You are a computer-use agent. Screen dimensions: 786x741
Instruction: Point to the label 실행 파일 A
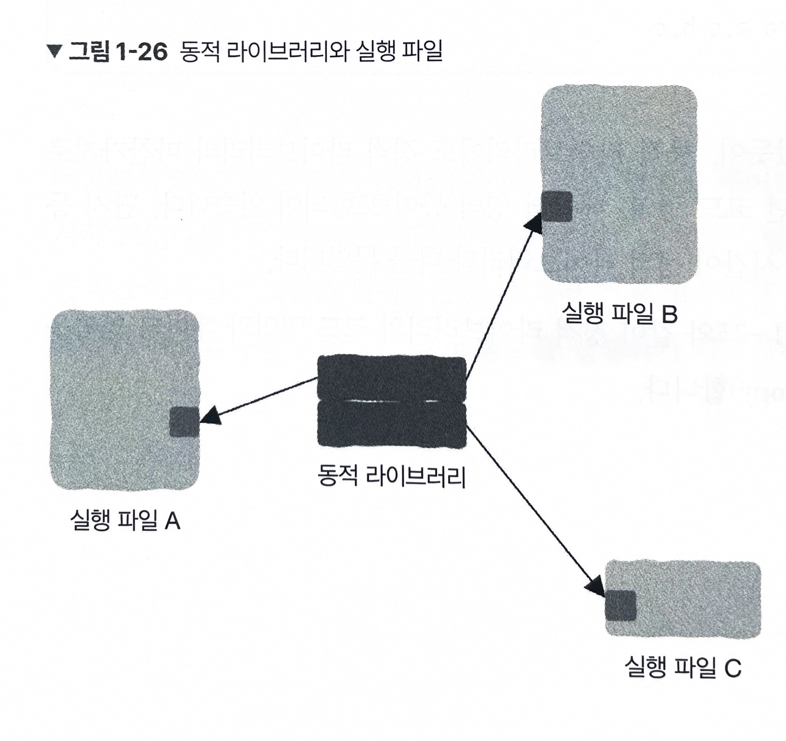125,520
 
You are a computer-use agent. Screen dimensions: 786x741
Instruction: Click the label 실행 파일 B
620,313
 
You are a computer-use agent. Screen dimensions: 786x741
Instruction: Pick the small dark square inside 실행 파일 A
184,422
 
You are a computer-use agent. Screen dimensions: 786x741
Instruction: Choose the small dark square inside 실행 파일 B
557,207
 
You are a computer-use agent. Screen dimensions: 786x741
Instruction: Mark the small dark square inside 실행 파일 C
620,606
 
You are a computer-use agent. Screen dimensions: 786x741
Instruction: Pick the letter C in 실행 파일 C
733,668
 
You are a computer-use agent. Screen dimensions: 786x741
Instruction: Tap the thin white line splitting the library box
392,401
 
